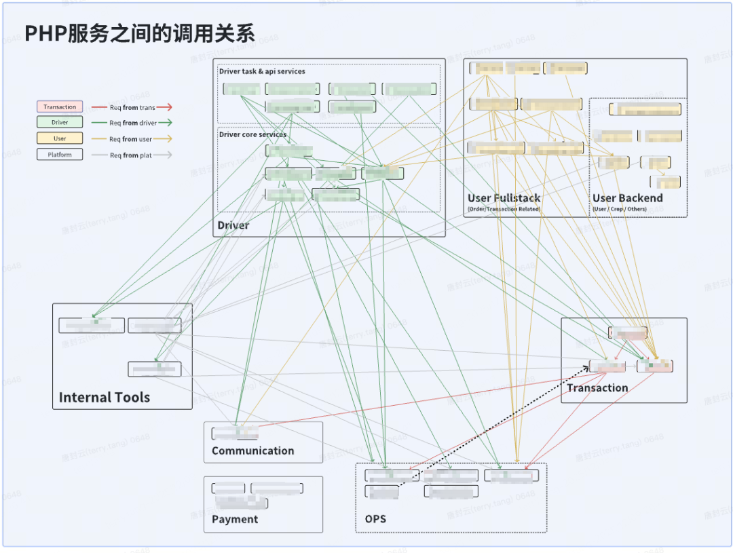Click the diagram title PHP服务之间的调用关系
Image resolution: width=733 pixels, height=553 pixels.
pos(140,34)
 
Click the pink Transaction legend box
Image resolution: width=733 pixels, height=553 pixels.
pos(60,107)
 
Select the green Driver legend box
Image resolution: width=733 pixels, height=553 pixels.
pos(60,122)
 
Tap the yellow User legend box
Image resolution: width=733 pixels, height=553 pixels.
pos(60,138)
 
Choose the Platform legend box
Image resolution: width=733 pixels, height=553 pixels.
pos(60,155)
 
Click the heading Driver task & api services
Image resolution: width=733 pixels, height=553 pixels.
pos(262,71)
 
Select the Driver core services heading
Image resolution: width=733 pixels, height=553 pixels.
pos(252,134)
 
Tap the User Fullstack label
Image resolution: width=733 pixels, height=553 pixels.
pos(504,198)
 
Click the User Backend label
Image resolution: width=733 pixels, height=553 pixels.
pos(627,198)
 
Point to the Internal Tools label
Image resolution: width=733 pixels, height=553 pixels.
pos(105,398)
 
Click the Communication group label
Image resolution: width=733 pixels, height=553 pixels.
pos(252,451)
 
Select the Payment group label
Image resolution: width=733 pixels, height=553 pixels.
pos(235,519)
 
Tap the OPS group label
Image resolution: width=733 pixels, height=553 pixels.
pos(375,519)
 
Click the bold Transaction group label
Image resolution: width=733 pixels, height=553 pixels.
pos(597,388)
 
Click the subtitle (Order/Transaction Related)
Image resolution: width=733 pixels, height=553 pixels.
pos(504,209)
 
